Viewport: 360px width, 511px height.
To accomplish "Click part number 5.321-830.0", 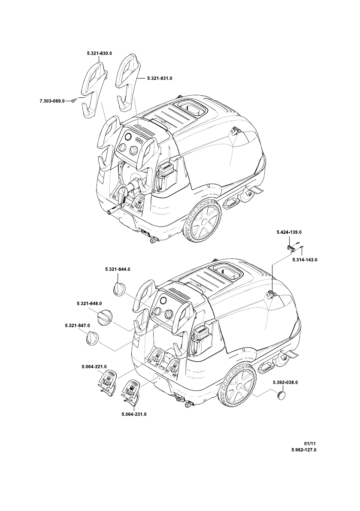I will (x=99, y=53).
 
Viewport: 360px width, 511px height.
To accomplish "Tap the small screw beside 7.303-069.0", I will (x=73, y=100).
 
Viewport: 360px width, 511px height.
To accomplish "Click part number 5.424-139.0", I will (x=289, y=232).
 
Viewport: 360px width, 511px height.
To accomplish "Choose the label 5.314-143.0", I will (x=305, y=260).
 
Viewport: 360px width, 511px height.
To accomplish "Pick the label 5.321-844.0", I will (x=117, y=269).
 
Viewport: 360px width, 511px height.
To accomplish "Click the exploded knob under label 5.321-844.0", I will (x=119, y=288).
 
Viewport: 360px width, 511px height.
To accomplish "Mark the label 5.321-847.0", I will (x=72, y=327).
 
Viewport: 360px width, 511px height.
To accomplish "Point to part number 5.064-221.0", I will (x=94, y=367).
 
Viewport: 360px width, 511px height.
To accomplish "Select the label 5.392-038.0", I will (x=285, y=382).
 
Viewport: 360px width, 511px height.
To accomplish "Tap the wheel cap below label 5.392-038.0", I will (x=281, y=394).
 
